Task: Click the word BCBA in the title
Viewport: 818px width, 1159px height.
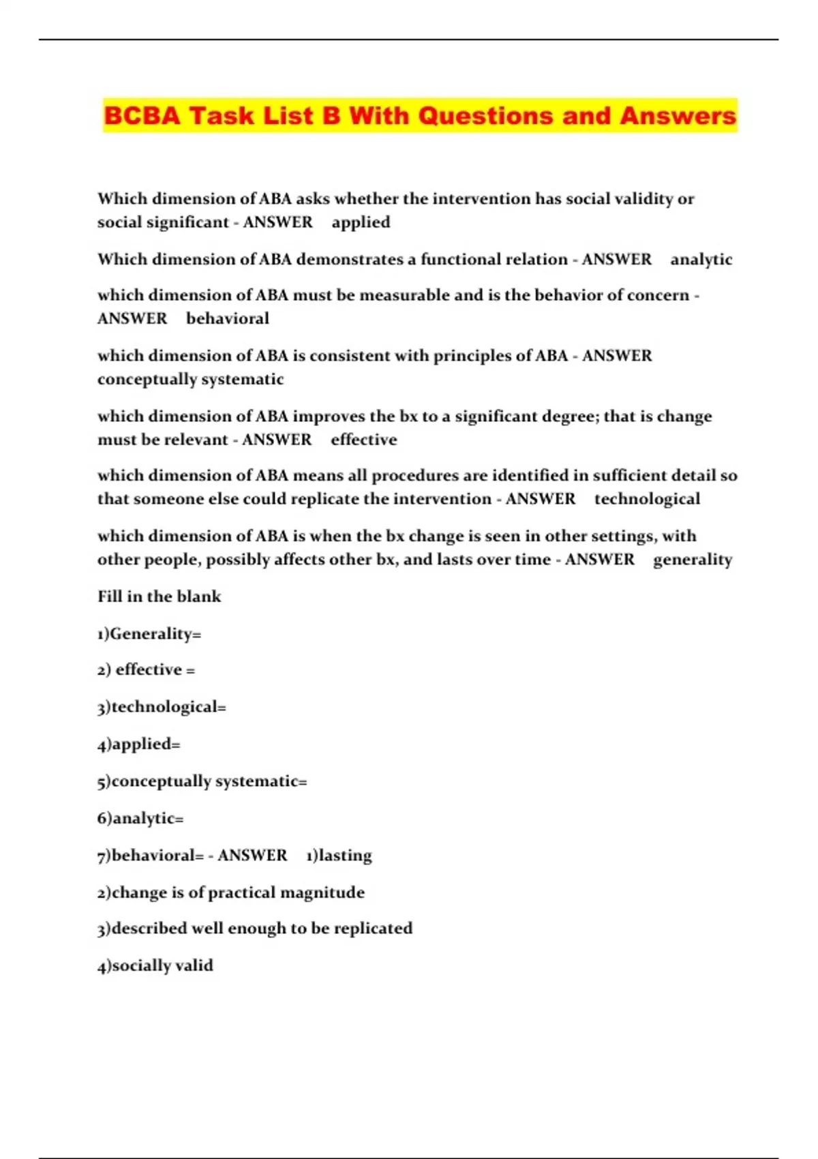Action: [x=142, y=116]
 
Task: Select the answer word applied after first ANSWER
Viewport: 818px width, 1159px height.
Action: [x=361, y=222]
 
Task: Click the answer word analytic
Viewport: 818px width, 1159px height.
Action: [x=701, y=259]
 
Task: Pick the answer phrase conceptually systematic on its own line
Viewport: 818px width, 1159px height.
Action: [x=190, y=379]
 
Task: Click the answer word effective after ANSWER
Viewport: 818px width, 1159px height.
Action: [x=363, y=440]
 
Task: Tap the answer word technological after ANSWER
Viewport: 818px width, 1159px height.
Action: [x=647, y=499]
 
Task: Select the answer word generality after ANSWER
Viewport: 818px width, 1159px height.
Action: [x=692, y=560]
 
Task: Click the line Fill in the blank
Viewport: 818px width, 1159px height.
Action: [x=159, y=597]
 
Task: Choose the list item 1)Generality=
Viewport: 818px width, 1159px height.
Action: [x=149, y=634]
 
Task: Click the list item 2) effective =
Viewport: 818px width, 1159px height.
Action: [x=146, y=670]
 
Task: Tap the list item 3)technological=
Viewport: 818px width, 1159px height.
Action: [x=162, y=707]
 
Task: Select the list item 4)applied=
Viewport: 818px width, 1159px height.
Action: [x=139, y=744]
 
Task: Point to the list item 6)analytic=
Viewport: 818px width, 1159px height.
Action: [x=140, y=818]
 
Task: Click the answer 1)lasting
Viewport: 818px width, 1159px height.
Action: [x=339, y=856]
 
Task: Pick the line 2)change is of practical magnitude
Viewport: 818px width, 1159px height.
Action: [x=230, y=892]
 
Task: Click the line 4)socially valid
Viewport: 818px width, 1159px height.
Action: [x=155, y=965]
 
